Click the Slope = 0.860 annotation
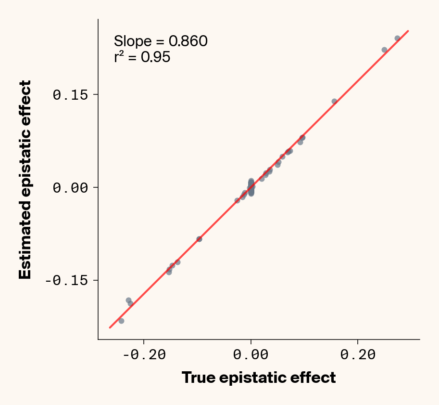tap(161, 41)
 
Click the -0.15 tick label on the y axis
tap(68, 280)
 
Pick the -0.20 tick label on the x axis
tap(144, 355)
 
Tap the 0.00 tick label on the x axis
tap(251, 355)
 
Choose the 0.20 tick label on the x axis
tap(358, 355)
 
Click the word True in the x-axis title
tap(198, 378)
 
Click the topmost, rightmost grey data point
tap(397, 38)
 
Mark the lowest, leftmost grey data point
tap(121, 321)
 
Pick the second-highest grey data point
tap(384, 50)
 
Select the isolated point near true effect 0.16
tap(334, 101)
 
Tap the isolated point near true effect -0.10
tap(199, 239)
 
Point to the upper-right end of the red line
tap(408, 31)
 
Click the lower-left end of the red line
tap(110, 327)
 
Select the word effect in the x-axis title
tap(314, 378)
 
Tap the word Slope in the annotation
tap(129, 41)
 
